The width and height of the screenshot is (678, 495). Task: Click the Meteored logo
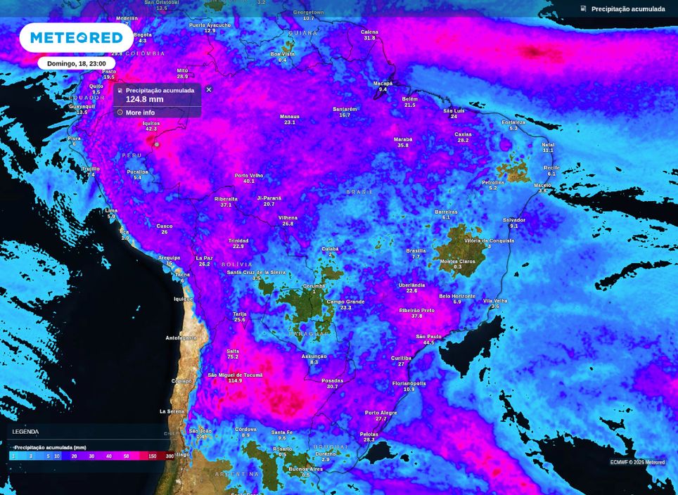click(x=76, y=37)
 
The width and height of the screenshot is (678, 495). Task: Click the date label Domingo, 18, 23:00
click(x=76, y=63)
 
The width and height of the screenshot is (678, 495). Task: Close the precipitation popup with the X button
click(x=209, y=90)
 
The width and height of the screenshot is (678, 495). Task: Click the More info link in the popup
click(x=140, y=112)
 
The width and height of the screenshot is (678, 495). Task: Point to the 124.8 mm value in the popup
click(x=144, y=100)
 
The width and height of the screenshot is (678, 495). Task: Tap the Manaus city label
click(x=290, y=117)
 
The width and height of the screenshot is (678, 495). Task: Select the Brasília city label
click(x=416, y=251)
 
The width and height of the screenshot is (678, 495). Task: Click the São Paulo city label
click(x=428, y=337)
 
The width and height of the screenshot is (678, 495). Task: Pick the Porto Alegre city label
click(x=380, y=413)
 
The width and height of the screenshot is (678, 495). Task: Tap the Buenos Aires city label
click(x=305, y=469)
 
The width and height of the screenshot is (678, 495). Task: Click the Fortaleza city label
click(x=513, y=122)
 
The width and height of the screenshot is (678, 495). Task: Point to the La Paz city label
click(x=204, y=258)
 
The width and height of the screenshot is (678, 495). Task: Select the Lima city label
click(x=111, y=210)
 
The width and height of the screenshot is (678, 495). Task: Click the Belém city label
click(x=410, y=99)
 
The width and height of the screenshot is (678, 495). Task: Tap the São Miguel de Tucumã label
click(x=235, y=375)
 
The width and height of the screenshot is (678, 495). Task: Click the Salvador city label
click(x=514, y=220)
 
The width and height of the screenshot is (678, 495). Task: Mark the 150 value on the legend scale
click(x=152, y=456)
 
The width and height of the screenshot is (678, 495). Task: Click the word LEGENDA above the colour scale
click(x=25, y=432)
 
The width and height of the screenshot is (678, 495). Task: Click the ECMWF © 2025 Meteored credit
click(x=637, y=462)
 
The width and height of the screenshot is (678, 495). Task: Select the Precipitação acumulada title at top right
click(x=627, y=9)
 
